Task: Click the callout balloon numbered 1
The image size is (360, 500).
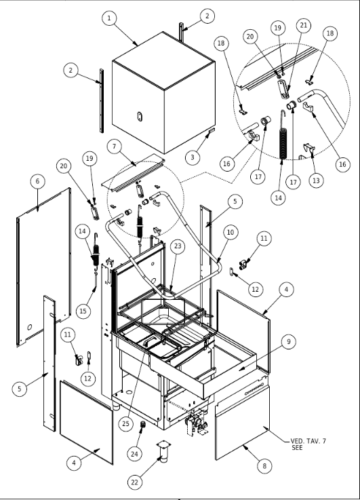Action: coord(109,18)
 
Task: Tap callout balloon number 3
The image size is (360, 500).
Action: coord(193,157)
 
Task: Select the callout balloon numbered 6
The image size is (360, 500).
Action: coord(37,181)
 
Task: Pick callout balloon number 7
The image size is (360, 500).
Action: coord(115,147)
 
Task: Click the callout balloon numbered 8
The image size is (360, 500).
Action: coord(264,466)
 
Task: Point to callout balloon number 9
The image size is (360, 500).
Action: coord(289,341)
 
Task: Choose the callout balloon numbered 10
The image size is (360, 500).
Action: coord(231,232)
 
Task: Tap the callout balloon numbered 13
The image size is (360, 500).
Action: coord(316,180)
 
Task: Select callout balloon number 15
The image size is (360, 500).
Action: coord(83,311)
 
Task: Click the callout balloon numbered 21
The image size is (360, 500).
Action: coord(303,25)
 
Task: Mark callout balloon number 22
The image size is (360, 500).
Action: coord(135,482)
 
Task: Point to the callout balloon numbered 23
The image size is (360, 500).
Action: coord(178,246)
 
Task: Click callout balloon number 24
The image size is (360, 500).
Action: coord(135,453)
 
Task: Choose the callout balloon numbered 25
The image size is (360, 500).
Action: coord(126,423)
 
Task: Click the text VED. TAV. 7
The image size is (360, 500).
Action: coord(308,442)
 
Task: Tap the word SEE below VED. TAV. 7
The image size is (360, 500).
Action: coord(297,447)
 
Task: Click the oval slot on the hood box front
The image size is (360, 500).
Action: coord(140,117)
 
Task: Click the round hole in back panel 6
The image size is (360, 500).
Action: coord(30,327)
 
